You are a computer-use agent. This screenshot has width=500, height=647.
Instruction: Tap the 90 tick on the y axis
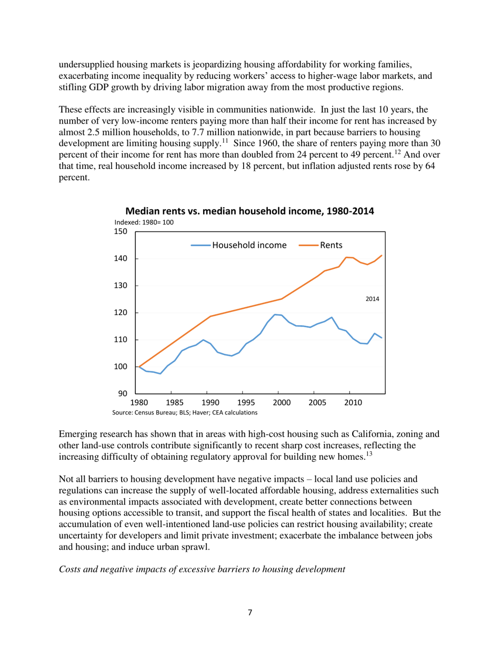point(124,393)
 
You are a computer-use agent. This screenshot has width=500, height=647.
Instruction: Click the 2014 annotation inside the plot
point(372,299)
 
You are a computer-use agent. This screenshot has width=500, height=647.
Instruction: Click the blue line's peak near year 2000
point(275,315)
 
